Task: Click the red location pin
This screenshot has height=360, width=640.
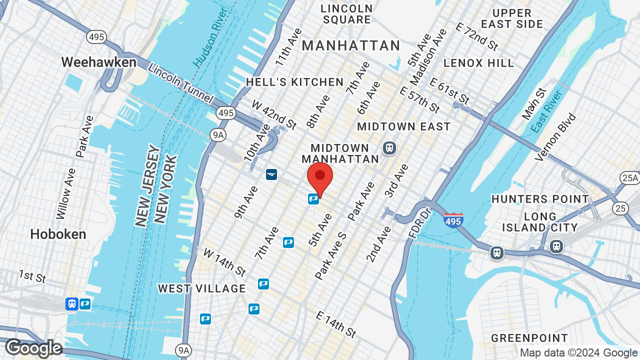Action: click(320, 178)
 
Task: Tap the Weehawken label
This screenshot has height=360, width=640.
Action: click(98, 62)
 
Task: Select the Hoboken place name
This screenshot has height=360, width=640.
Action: click(58, 234)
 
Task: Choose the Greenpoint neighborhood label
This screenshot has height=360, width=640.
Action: click(529, 338)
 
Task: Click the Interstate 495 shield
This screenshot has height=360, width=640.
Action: click(453, 220)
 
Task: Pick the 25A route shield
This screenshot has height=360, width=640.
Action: click(629, 177)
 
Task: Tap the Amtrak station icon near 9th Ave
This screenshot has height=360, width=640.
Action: click(271, 174)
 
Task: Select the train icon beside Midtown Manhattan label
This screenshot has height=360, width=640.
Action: click(389, 148)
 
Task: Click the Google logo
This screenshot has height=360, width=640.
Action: click(33, 348)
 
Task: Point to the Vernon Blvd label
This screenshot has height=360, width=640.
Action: click(555, 137)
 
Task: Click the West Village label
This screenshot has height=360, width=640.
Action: click(202, 288)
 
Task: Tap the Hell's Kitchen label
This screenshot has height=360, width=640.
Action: click(295, 82)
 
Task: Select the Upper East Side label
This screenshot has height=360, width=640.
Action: click(512, 18)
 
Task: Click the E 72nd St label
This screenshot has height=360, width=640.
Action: click(477, 36)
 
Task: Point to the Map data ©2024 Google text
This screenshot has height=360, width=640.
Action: click(578, 352)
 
